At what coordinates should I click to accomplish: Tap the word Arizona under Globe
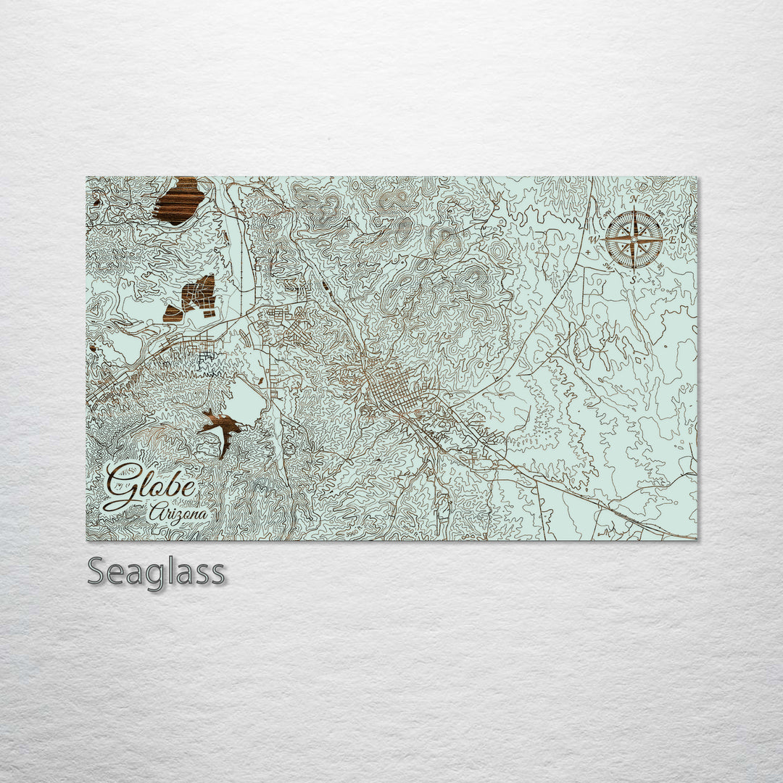178,513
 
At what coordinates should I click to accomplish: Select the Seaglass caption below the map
156,572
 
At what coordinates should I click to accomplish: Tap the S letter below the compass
633,279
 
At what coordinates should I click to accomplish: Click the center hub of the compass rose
634,239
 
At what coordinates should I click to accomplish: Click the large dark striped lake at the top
177,200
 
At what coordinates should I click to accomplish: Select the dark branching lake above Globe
222,429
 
